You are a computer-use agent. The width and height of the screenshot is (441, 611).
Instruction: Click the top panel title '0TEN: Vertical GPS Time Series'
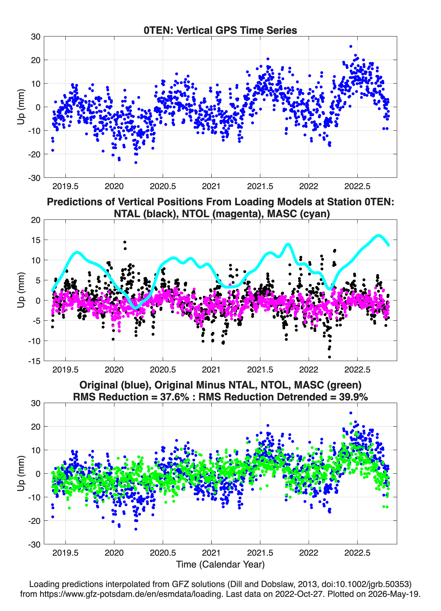tap(220, 30)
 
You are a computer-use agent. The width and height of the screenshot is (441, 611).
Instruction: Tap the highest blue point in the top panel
tap(351, 46)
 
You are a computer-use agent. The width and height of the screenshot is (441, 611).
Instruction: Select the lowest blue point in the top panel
tap(136, 162)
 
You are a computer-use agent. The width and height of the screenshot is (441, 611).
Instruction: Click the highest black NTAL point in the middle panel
tap(125, 242)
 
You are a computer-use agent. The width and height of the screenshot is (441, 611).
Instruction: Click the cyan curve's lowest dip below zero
tap(136, 308)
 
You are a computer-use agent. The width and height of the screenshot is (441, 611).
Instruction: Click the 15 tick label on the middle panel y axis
tap(36, 240)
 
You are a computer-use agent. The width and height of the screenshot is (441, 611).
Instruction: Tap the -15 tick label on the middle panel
tap(34, 361)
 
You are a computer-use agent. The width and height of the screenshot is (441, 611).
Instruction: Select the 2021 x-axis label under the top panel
tap(211, 186)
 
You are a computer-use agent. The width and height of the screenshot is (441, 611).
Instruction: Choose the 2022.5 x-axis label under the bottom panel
tap(357, 553)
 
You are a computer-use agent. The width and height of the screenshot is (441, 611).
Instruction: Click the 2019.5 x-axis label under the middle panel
tap(66, 370)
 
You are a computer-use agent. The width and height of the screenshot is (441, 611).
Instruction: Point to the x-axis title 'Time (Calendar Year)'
tap(220, 565)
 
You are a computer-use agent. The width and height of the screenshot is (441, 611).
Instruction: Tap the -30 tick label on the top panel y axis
tap(34, 178)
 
